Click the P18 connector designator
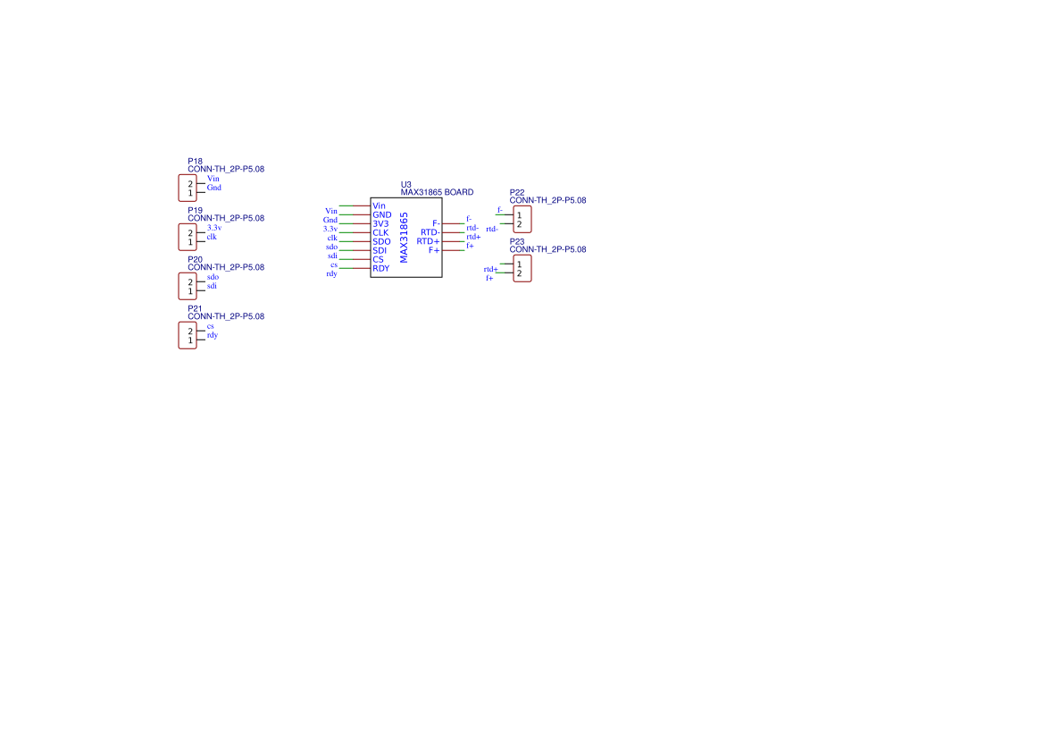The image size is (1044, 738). tap(195, 161)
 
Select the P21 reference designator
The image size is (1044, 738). tap(195, 308)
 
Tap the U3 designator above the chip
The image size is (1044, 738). tap(406, 184)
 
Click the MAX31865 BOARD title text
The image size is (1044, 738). tap(437, 192)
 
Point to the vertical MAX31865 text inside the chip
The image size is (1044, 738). tap(404, 238)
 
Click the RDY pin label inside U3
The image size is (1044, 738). tap(380, 268)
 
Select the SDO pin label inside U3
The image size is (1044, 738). tap(381, 242)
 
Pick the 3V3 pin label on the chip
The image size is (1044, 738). tap(380, 223)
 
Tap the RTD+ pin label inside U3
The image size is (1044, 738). tap(428, 241)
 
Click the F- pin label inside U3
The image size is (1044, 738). tap(436, 223)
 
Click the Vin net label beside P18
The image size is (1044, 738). tap(213, 179)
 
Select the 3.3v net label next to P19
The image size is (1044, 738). tap(214, 228)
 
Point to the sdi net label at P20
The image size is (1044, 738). tap(212, 286)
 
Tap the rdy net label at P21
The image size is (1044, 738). tap(213, 335)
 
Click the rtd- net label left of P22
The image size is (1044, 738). tap(492, 229)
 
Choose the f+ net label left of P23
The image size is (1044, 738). tap(489, 278)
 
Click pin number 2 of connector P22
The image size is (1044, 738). tap(520, 224)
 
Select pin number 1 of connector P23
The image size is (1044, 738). tap(520, 264)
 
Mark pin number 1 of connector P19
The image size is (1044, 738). tap(190, 242)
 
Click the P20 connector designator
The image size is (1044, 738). tap(195, 260)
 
